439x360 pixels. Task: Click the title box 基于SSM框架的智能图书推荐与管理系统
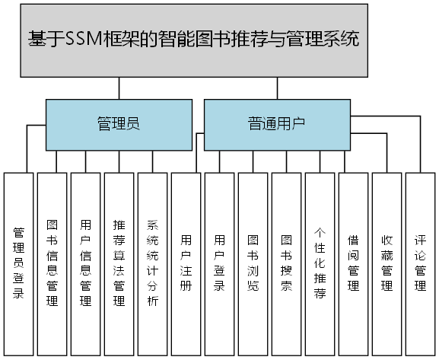(x=219, y=40)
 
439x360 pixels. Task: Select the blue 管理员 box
(x=119, y=124)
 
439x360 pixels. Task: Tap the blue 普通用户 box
(x=276, y=124)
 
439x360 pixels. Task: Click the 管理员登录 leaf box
(x=18, y=263)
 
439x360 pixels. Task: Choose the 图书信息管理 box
(x=52, y=263)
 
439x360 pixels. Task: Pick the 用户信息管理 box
(x=85, y=263)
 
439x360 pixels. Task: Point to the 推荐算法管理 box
(x=119, y=263)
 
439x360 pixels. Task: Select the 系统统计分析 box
(x=152, y=263)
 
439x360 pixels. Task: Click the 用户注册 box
(x=186, y=263)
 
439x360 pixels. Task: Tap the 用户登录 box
(x=219, y=263)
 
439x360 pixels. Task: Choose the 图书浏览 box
(x=253, y=263)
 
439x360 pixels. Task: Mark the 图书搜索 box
(x=286, y=263)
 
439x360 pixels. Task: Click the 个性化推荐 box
(x=320, y=263)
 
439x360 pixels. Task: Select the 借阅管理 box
(x=353, y=263)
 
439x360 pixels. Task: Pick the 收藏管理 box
(x=387, y=263)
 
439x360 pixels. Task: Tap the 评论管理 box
(x=420, y=263)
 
